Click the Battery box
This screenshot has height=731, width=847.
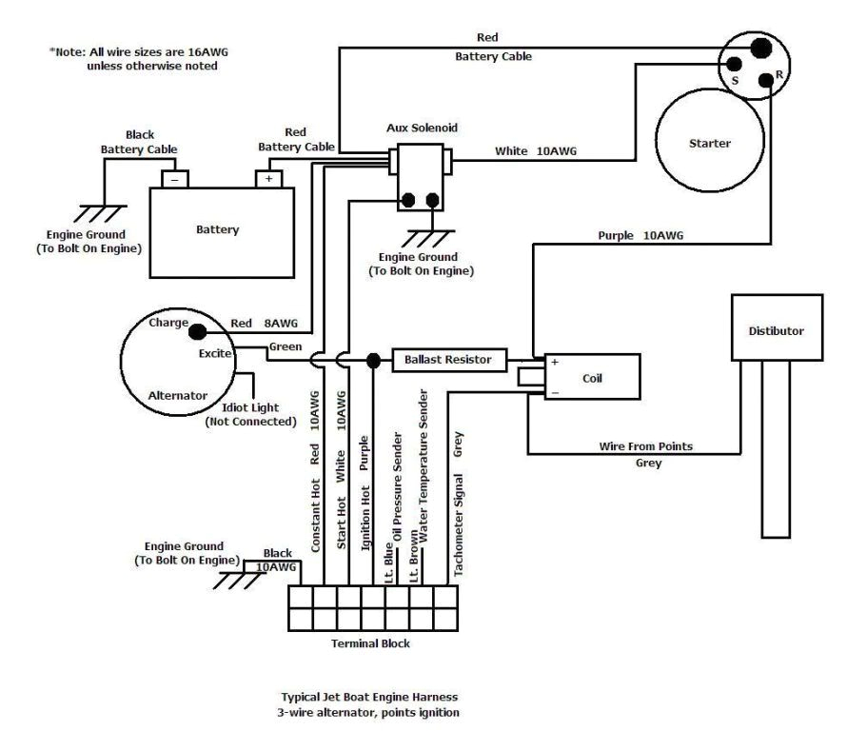tap(219, 229)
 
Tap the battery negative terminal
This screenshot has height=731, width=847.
tap(174, 178)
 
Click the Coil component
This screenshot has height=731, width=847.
tap(590, 377)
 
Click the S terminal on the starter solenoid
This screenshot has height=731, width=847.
tap(735, 65)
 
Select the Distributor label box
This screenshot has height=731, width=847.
tap(776, 331)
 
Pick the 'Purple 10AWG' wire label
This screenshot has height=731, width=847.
tap(640, 235)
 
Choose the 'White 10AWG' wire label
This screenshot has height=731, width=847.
tap(536, 151)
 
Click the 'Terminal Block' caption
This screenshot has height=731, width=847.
tap(370, 644)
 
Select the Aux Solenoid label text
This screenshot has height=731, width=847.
tap(422, 127)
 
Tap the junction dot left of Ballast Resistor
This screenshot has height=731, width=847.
tap(373, 361)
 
